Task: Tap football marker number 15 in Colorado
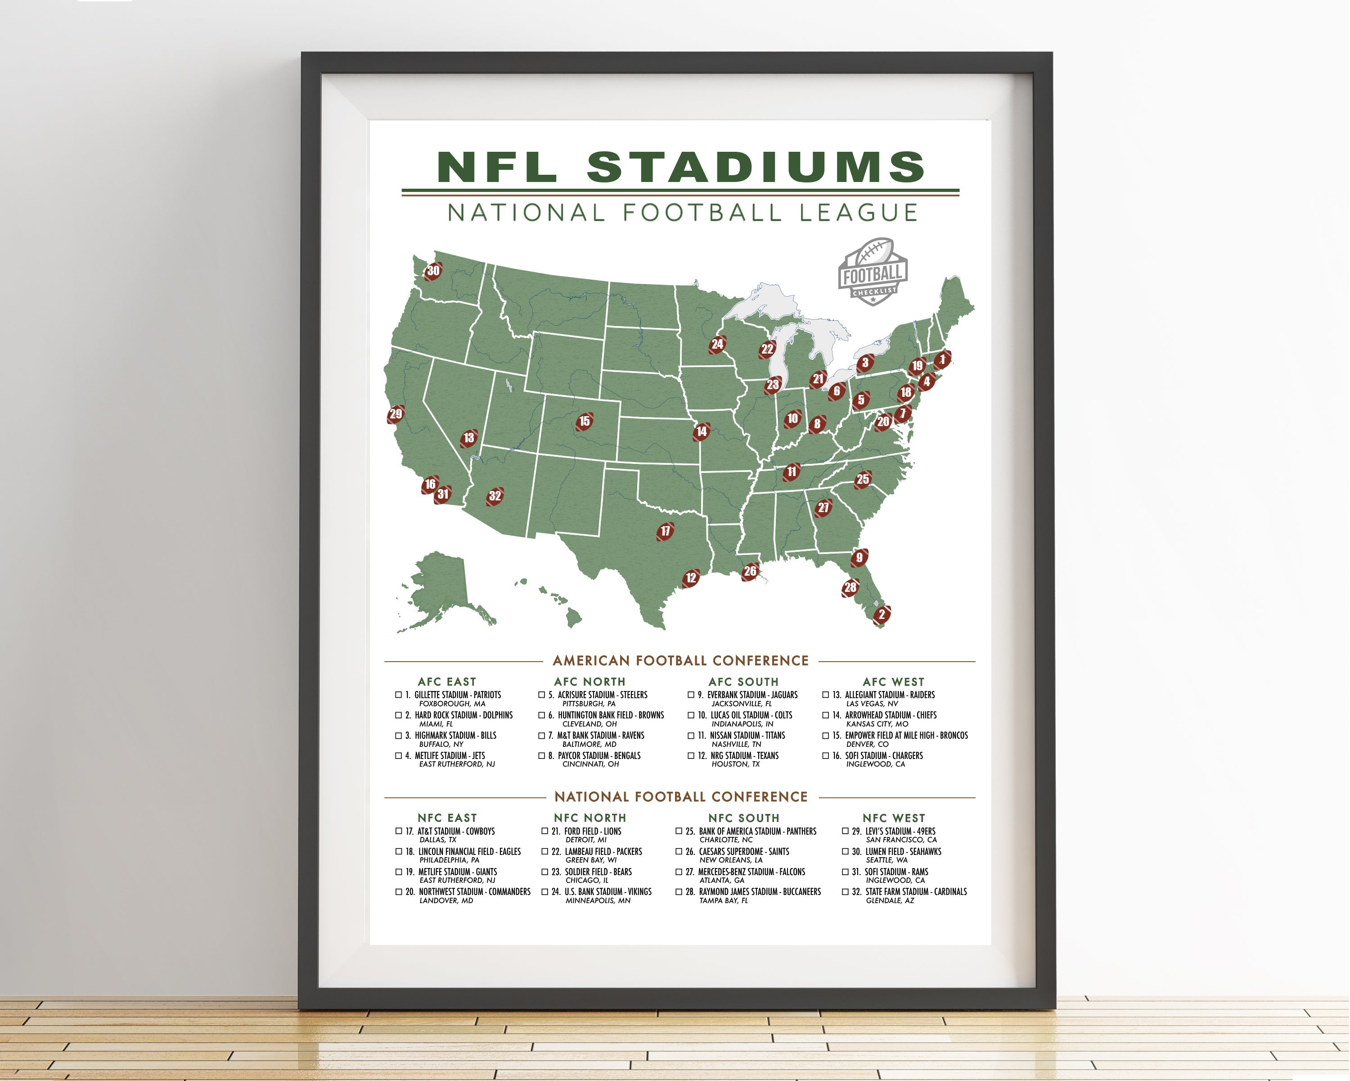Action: point(584,421)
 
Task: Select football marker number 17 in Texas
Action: point(665,531)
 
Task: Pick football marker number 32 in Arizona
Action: point(495,496)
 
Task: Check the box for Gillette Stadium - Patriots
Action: point(398,695)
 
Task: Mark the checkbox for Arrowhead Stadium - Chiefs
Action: point(825,715)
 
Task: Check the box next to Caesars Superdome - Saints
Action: point(679,852)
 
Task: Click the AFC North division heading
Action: point(589,681)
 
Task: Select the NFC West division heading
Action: point(893,818)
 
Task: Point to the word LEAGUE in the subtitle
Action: point(858,213)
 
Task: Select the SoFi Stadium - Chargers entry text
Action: point(883,756)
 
